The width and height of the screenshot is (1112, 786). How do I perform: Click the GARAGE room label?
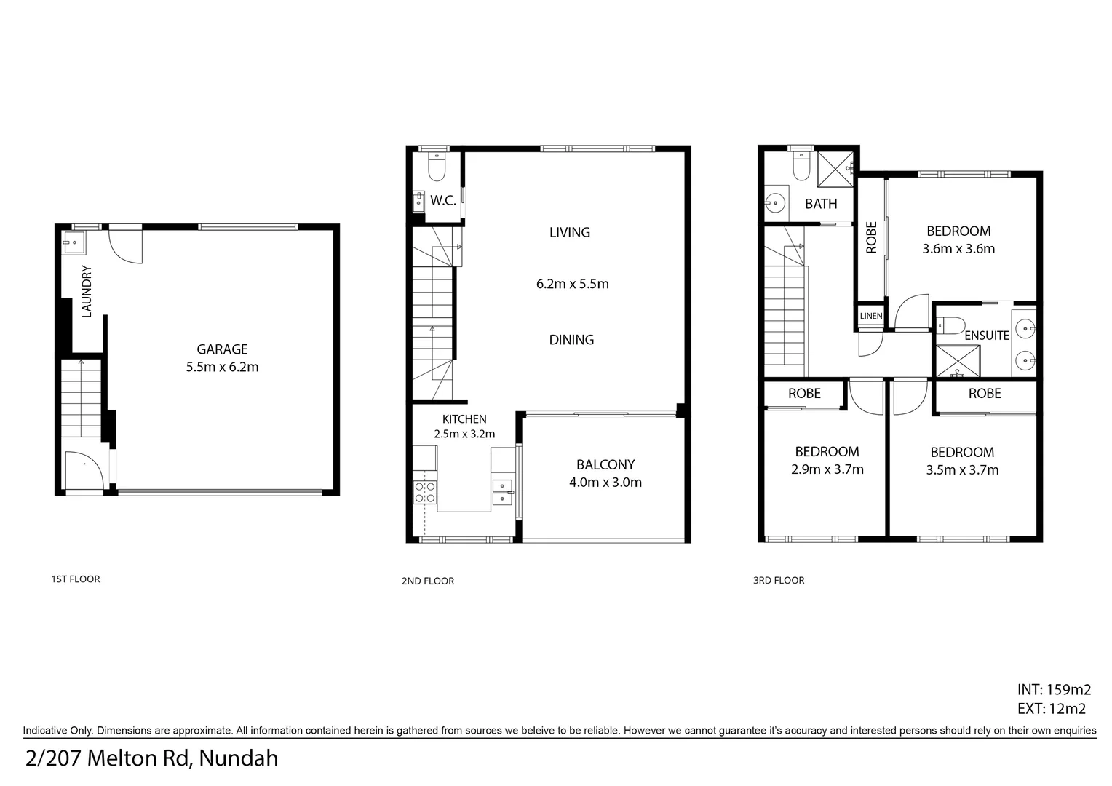click(222, 349)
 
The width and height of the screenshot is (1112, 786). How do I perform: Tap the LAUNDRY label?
click(87, 292)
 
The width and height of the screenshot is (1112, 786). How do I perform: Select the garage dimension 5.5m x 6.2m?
click(222, 368)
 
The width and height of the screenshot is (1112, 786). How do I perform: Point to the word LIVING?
click(569, 232)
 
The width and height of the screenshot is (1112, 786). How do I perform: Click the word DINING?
click(571, 340)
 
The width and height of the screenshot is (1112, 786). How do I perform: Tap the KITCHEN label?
click(464, 419)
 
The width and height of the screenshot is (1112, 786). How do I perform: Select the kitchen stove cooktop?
click(425, 493)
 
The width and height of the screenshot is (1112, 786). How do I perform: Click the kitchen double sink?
click(502, 493)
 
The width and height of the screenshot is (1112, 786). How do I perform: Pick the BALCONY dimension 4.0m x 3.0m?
click(605, 483)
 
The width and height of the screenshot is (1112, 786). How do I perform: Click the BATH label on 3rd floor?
click(821, 205)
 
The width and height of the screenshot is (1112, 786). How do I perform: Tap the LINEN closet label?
click(871, 316)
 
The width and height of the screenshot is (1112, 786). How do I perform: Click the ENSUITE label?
click(986, 336)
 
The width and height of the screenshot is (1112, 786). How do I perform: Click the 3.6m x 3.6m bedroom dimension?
click(958, 249)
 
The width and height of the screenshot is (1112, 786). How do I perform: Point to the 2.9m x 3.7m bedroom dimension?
click(827, 470)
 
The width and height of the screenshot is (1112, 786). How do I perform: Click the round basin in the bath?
click(777, 201)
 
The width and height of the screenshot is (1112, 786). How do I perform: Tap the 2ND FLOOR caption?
click(427, 581)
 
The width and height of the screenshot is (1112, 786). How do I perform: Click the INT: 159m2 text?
click(1053, 690)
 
